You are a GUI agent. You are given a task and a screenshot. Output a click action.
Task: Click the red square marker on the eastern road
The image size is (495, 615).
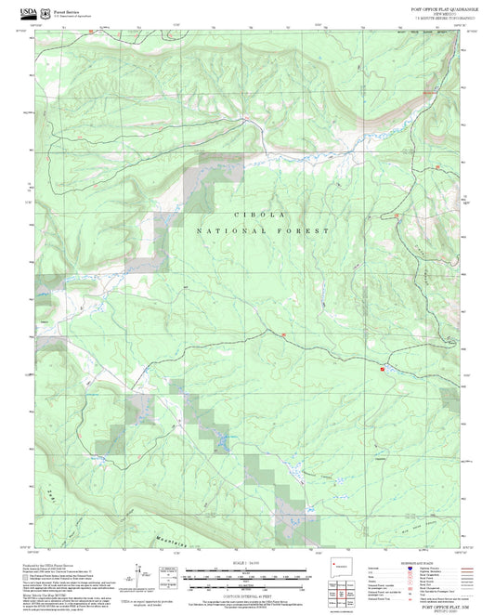coord(382,369)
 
